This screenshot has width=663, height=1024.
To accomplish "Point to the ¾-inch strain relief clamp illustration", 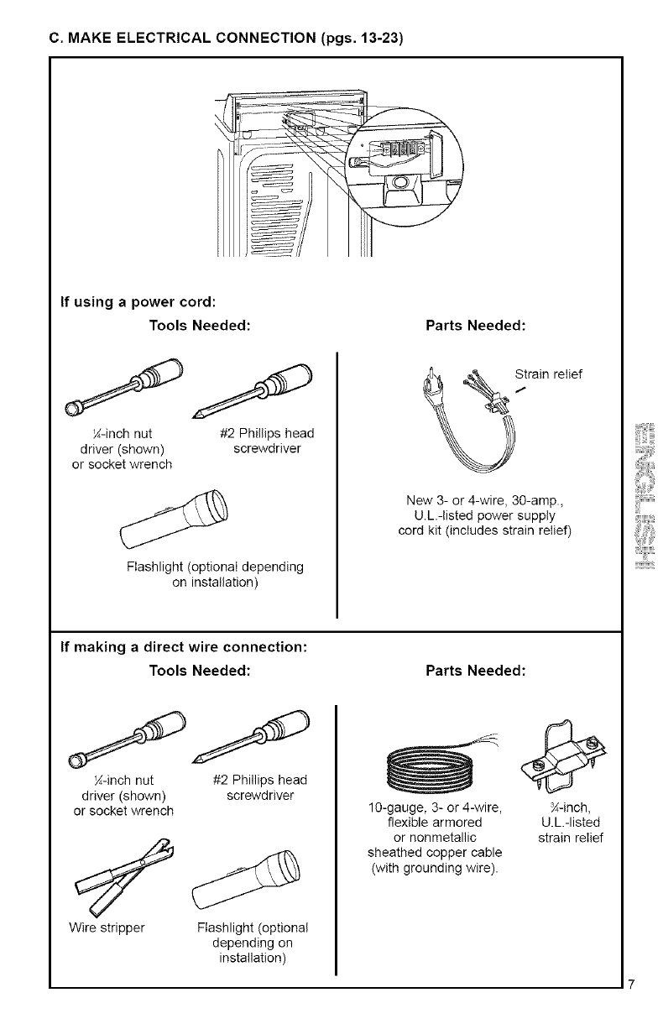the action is [564, 752].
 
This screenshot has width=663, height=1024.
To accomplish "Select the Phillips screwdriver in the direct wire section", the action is [252, 735].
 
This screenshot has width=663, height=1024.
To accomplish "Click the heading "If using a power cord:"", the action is [139, 299].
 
